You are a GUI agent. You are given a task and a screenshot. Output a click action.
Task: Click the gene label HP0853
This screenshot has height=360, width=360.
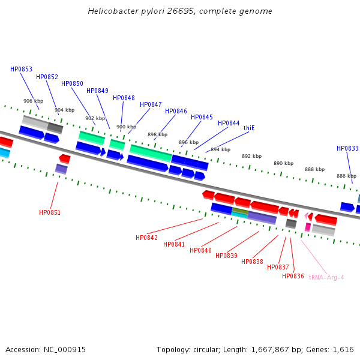(21, 69)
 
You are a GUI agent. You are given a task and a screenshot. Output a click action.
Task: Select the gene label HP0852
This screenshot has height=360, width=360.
(47, 77)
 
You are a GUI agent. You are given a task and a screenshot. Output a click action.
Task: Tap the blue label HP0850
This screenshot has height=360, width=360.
(72, 83)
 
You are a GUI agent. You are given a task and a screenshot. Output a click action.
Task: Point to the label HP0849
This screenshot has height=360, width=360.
(97, 91)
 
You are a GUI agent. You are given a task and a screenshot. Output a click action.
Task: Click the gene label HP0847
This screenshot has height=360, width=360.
(151, 104)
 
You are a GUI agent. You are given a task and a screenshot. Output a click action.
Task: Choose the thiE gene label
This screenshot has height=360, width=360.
(249, 128)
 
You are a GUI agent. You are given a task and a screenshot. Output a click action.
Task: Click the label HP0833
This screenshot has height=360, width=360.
(347, 148)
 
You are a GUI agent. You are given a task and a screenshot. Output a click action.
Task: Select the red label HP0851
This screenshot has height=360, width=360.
(50, 212)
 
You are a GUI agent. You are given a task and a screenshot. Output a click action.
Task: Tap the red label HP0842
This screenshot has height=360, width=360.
(146, 238)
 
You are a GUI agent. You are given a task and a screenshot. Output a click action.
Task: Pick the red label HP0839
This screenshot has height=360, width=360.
(226, 256)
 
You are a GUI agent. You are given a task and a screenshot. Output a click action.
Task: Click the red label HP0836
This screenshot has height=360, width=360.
(293, 276)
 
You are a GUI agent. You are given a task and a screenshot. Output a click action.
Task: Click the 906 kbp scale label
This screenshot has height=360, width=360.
(33, 101)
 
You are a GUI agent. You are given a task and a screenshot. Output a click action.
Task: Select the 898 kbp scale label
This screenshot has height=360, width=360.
(157, 135)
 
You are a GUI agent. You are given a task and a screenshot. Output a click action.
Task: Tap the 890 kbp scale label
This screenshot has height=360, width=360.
(283, 163)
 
